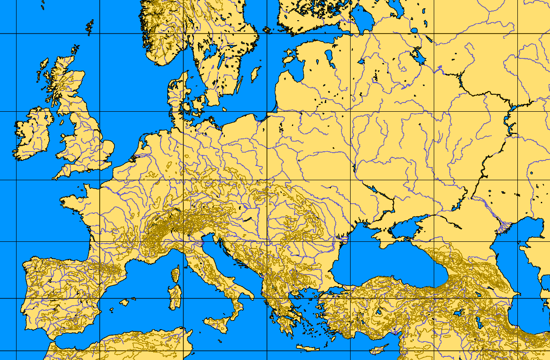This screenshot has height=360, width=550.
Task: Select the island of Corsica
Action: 175,274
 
